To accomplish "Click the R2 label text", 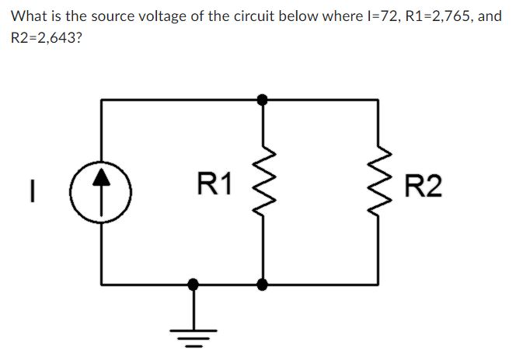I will [x=424, y=187].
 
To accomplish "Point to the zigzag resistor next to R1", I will [x=263, y=191].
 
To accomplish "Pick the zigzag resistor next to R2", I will [x=378, y=191].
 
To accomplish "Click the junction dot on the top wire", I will [x=263, y=100].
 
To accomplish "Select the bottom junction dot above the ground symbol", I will [x=195, y=285].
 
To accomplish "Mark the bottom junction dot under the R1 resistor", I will [x=263, y=285].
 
